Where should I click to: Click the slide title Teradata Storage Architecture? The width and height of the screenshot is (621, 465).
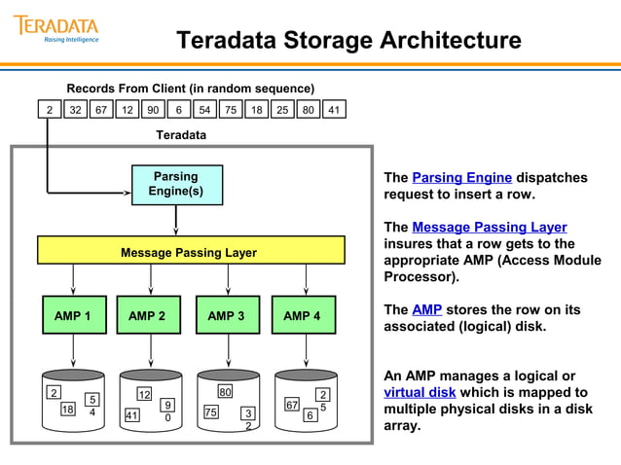[348, 40]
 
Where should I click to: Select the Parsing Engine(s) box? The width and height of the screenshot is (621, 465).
[176, 185]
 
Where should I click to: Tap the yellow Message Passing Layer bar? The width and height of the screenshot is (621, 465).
[191, 251]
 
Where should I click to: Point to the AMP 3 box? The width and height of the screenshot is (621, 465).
[227, 315]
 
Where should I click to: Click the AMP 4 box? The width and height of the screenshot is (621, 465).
[303, 315]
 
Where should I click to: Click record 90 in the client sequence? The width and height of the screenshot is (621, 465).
[153, 110]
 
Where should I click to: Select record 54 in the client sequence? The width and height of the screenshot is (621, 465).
[204, 110]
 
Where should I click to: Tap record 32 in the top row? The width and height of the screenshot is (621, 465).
[75, 110]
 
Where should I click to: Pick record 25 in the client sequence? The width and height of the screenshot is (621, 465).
[282, 110]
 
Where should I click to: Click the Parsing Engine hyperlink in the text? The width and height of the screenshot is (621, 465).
[461, 178]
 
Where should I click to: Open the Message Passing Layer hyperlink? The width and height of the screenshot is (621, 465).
[489, 228]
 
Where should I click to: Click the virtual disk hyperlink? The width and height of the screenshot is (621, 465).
[421, 393]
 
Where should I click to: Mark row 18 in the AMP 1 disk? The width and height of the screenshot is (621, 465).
[68, 410]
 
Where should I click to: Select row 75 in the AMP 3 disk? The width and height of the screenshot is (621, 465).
[210, 411]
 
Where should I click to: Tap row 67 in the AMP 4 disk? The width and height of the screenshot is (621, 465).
[291, 404]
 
